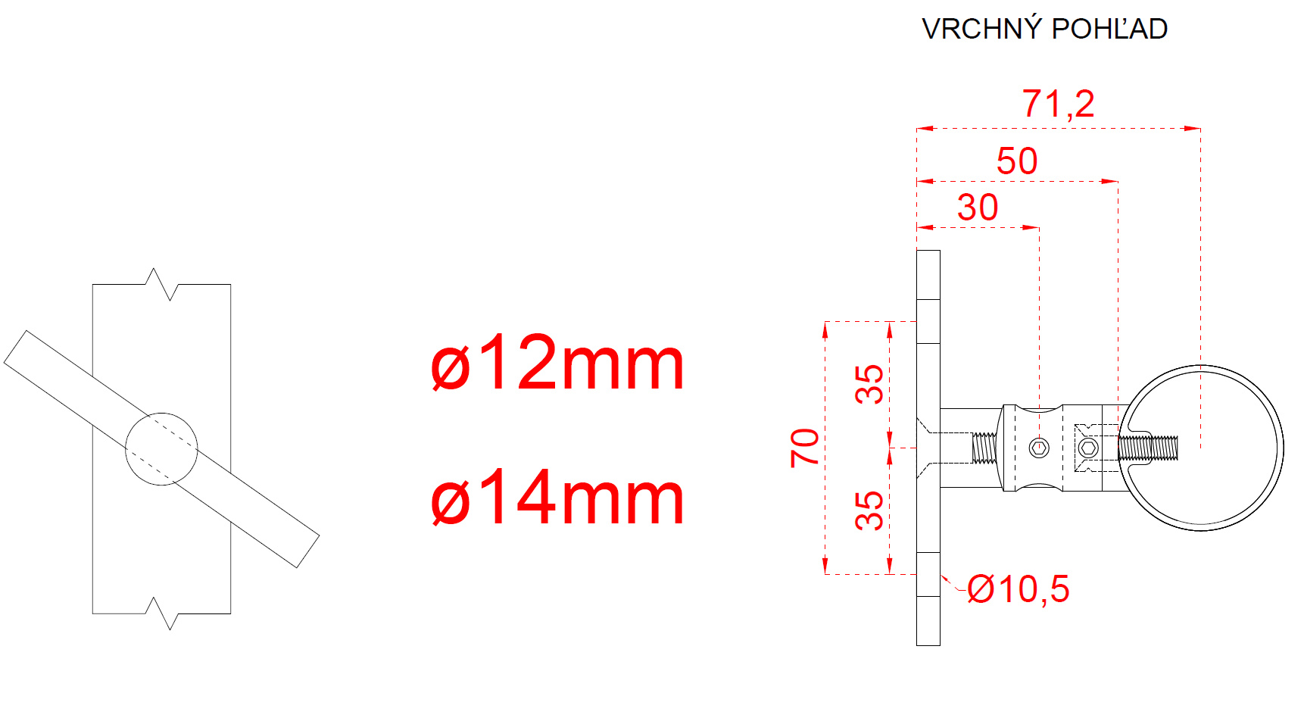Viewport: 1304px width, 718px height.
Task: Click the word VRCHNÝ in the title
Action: pos(982,29)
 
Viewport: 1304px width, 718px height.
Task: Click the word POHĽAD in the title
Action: pos(1110,29)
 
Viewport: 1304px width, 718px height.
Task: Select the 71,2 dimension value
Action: pos(1059,104)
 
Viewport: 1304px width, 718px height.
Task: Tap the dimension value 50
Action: pos(1017,161)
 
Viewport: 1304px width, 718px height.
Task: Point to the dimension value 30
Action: pos(978,208)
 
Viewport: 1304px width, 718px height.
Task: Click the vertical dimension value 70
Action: pos(805,448)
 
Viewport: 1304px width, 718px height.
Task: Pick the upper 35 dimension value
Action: pos(869,384)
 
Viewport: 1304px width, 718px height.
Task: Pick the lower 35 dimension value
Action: pos(869,510)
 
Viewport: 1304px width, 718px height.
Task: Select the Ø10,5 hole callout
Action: pos(1019,589)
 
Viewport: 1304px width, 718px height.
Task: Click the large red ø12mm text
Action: pos(557,364)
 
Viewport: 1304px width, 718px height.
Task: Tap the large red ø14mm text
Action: pos(557,498)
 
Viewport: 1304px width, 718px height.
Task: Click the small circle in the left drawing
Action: pos(161,414)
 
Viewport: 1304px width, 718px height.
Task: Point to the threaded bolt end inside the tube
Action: pos(1149,448)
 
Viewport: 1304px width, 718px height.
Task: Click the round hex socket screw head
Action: pos(1039,448)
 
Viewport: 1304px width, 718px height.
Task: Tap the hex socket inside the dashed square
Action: pos(1088,448)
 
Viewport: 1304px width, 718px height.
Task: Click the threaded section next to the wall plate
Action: pos(984,448)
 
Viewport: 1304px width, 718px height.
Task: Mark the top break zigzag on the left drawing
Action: pos(161,284)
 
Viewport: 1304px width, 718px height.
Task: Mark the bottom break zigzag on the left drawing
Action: pos(161,613)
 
